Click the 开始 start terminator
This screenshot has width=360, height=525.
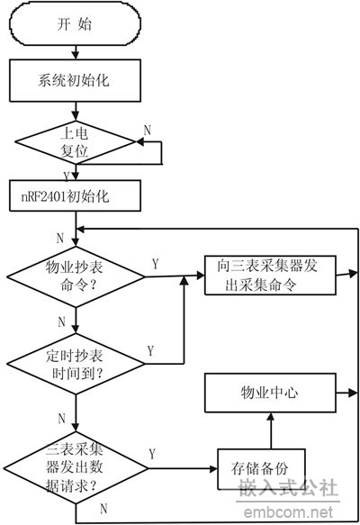tap(75, 24)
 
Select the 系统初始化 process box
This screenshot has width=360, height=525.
tap(75, 80)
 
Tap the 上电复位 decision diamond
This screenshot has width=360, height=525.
tap(76, 142)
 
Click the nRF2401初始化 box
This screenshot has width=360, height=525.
tap(75, 196)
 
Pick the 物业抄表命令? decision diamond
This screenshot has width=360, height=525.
tap(76, 276)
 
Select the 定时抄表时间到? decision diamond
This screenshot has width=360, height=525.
tap(76, 364)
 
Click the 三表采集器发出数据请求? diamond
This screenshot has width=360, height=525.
tap(76, 467)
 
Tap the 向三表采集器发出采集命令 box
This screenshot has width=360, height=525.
tap(270, 276)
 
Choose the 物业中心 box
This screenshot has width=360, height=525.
tap(270, 393)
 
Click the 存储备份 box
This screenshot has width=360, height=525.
tap(261, 469)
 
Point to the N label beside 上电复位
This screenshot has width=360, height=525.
tap(148, 130)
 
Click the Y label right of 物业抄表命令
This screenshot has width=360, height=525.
tap(155, 264)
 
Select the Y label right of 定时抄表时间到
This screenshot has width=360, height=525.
tap(151, 351)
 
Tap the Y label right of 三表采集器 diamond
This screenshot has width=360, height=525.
tap(152, 454)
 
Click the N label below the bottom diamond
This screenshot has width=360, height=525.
tap(103, 508)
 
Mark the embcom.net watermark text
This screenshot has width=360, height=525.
tap(288, 512)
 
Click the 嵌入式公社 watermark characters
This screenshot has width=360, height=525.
tap(288, 487)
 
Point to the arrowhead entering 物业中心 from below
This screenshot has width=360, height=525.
tap(271, 417)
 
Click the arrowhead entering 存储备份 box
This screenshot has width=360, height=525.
tap(213, 469)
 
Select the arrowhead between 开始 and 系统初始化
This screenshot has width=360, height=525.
tap(76, 56)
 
